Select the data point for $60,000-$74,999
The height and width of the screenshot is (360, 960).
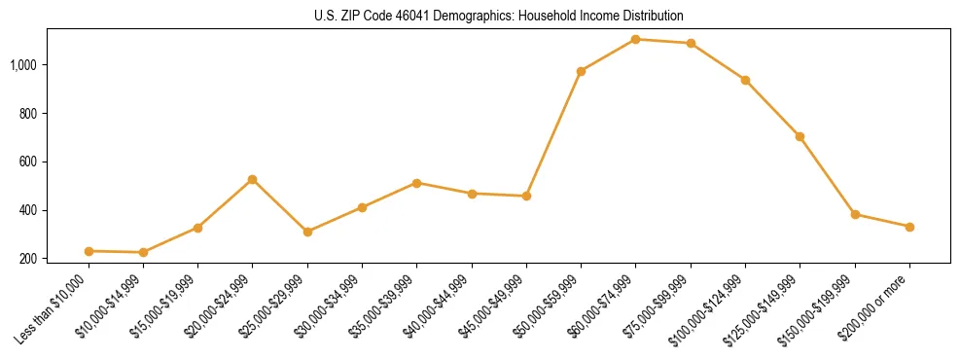(635, 39)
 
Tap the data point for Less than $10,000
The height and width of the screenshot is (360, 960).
(89, 251)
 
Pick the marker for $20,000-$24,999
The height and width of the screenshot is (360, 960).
(253, 179)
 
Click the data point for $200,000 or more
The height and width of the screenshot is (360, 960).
(909, 227)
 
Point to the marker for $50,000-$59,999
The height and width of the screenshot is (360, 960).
(581, 71)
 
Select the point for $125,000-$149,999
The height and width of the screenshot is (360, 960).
(800, 136)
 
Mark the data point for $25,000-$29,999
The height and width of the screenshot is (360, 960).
(307, 232)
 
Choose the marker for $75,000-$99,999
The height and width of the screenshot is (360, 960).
(691, 43)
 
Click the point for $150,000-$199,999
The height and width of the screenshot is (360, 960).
(855, 214)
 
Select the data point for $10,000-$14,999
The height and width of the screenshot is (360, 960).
(143, 252)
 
